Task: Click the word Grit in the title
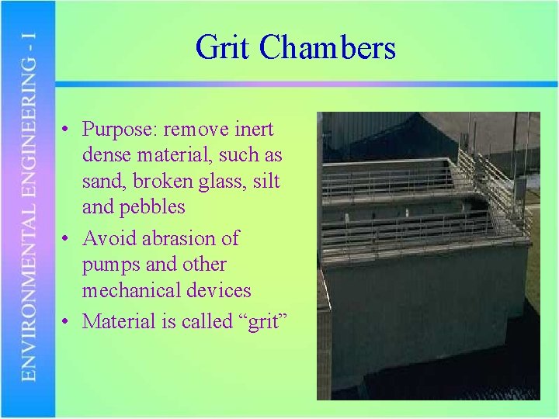click(224, 47)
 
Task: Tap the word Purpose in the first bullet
click(116, 130)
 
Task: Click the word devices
click(220, 290)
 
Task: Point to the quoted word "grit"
click(260, 320)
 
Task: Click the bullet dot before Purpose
click(68, 130)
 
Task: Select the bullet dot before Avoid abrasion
click(68, 238)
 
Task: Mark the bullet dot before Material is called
click(68, 321)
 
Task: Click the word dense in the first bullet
click(105, 155)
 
